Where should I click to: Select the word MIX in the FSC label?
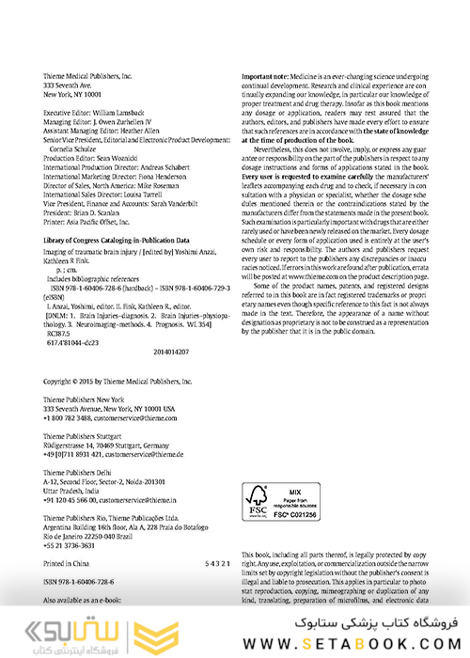pyautogui.click(x=293, y=490)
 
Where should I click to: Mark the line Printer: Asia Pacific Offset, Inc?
pyautogui.click(x=96, y=212)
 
